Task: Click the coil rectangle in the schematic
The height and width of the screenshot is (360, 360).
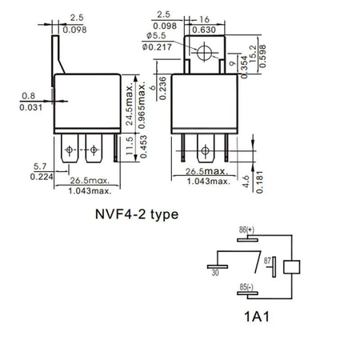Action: (x=294, y=267)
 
